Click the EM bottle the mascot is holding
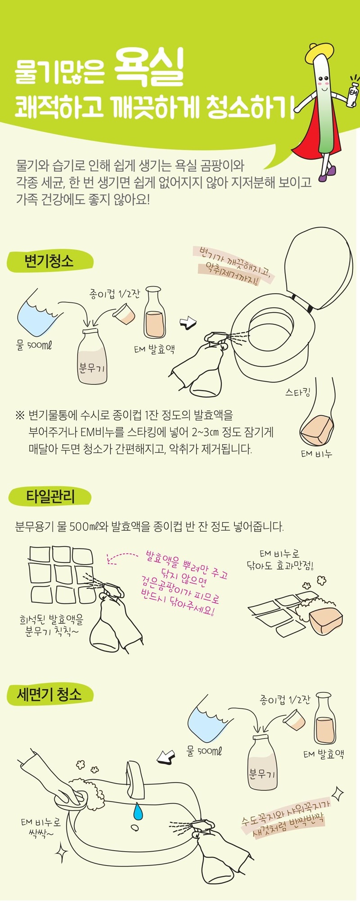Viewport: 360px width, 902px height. pos(353,93)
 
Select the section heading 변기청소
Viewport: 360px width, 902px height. pos(49,261)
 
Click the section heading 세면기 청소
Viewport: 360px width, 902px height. pos(49,694)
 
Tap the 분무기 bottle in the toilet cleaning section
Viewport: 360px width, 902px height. pos(92,356)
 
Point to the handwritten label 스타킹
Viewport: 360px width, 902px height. pos(297,392)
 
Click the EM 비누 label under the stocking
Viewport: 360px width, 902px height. pos(316,453)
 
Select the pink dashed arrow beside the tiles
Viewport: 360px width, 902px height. pos(122,557)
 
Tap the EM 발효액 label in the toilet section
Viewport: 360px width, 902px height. pos(154,349)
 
